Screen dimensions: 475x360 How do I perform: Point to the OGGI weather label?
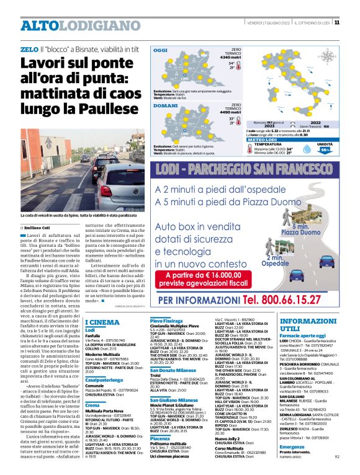pyautogui.click(x=160, y=50)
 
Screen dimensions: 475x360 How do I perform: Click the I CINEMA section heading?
pyautogui.click(x=102, y=322)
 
